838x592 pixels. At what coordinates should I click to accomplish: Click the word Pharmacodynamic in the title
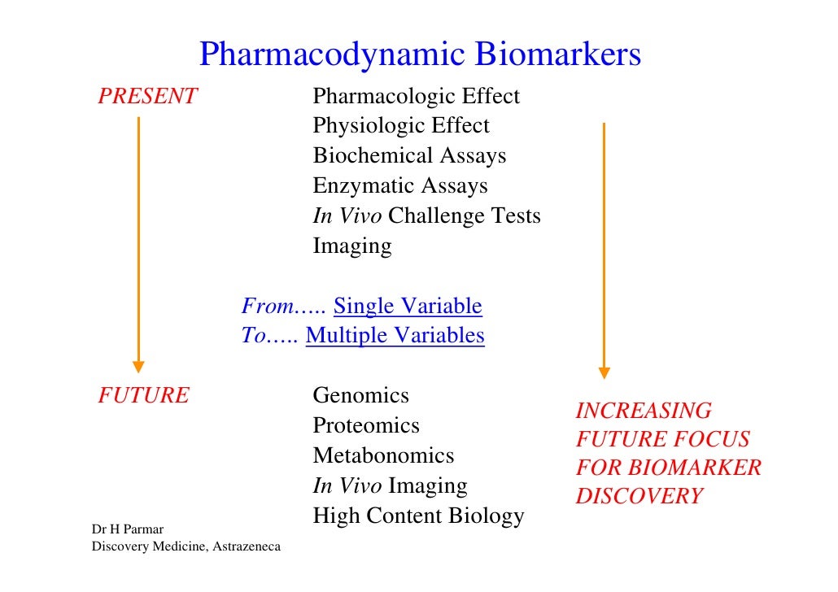pos(333,55)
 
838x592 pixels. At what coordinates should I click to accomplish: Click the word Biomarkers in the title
pos(558,55)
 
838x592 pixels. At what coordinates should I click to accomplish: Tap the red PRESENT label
pos(147,97)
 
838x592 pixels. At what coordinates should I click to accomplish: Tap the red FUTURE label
pos(143,396)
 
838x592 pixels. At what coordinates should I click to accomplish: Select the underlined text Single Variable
pos(408,307)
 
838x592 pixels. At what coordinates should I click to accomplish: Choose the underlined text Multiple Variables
pos(395,336)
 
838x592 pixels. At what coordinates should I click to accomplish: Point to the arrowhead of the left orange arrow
pos(138,366)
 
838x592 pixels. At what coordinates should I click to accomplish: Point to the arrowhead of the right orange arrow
pos(604,372)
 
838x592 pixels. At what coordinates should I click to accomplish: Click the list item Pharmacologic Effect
pos(416,97)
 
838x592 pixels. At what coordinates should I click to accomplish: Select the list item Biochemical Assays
pos(409,156)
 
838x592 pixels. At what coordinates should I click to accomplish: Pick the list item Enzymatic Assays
pos(400,186)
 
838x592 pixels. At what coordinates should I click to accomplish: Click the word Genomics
pos(360,396)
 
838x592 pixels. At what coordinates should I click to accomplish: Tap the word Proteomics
pos(366,426)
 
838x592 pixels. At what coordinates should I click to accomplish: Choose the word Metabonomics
pos(383,456)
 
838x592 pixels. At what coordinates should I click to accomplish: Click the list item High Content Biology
pos(418,516)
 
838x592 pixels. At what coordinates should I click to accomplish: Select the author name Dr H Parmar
pos(128,531)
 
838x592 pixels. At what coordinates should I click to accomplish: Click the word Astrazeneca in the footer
pos(246,546)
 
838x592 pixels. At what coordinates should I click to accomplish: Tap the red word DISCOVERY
pos(639,497)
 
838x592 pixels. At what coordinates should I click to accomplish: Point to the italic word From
pos(268,307)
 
